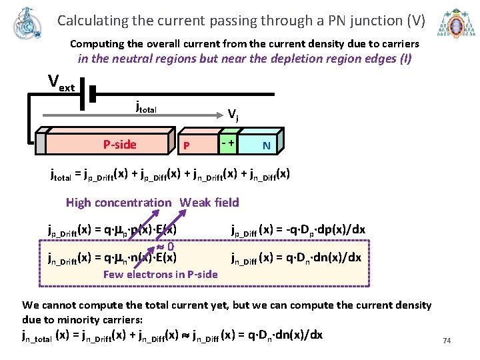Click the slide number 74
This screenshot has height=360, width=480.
pyautogui.click(x=447, y=341)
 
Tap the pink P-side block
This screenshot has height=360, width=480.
pyautogui.click(x=119, y=144)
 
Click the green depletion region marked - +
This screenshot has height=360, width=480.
pyautogui.click(x=227, y=143)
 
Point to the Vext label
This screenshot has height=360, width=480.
pyautogui.click(x=61, y=83)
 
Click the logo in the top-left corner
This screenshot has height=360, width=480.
pyautogui.click(x=27, y=24)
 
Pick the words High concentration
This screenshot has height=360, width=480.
pyautogui.click(x=119, y=203)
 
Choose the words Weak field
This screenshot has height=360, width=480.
pyautogui.click(x=209, y=203)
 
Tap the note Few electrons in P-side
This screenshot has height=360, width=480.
pyautogui.click(x=160, y=274)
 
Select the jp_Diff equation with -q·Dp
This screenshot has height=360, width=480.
pyautogui.click(x=298, y=230)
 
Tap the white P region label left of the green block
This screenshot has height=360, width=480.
pyautogui.click(x=187, y=145)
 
